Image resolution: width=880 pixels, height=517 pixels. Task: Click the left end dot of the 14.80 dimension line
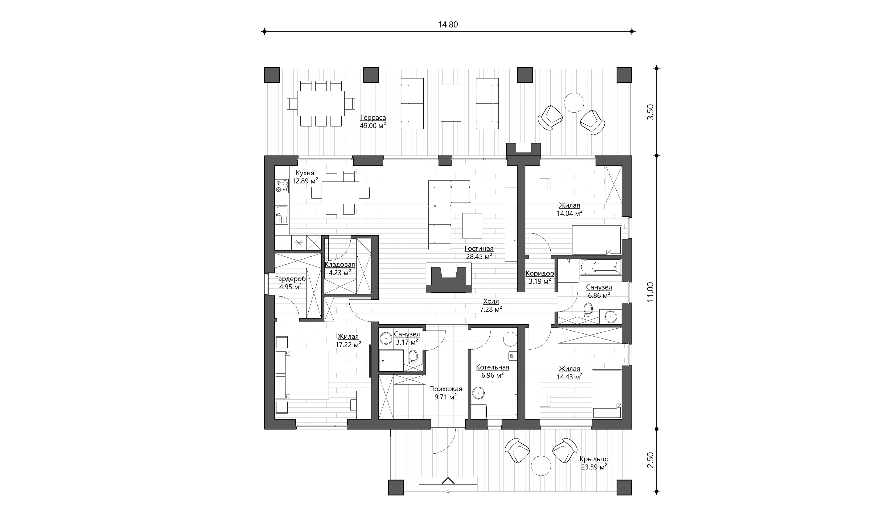pyautogui.click(x=264, y=31)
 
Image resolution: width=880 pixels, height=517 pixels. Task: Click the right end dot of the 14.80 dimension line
pyautogui.click(x=632, y=31)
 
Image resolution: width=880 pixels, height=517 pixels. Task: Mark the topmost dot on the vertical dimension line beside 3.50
pyautogui.click(x=657, y=69)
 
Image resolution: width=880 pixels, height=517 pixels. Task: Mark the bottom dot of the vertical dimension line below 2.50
pyautogui.click(x=657, y=492)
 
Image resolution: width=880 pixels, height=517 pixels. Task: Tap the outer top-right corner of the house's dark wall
pyautogui.click(x=632, y=156)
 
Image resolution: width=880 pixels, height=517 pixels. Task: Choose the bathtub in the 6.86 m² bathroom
pyautogui.click(x=601, y=267)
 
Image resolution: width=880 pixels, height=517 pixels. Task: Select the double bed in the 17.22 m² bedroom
pyautogui.click(x=302, y=375)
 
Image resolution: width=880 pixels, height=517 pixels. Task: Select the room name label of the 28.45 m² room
pyautogui.click(x=479, y=249)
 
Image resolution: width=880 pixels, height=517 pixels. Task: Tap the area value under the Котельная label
pyautogui.click(x=492, y=375)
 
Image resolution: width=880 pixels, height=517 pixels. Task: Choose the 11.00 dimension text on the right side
pyautogui.click(x=650, y=292)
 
